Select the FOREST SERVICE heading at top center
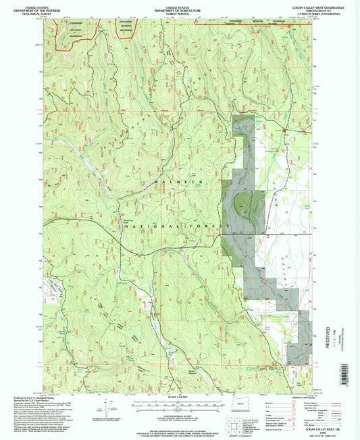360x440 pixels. click(x=180, y=11)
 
